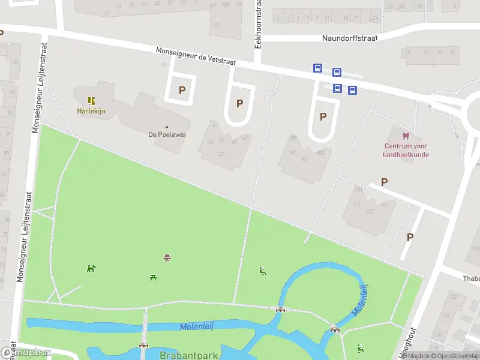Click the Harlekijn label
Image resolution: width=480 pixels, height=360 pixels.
tap(91, 111)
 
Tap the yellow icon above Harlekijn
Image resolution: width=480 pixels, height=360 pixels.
tap(91, 101)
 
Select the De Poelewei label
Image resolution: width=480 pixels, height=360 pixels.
tap(167, 134)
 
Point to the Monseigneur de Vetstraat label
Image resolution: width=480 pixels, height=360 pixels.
tap(196, 56)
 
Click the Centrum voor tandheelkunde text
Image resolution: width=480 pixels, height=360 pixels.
tap(406, 150)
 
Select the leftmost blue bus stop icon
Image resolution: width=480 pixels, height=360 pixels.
tap(317, 68)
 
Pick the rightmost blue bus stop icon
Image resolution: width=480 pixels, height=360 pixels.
tap(352, 91)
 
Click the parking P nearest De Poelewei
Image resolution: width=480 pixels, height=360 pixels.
tap(182, 91)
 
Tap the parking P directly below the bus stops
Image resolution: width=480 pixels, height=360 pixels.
tap(323, 116)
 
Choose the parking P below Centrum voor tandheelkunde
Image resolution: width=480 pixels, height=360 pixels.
tap(384, 182)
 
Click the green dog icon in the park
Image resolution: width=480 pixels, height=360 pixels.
tap(91, 268)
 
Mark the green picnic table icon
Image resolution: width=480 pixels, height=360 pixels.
tap(154, 277)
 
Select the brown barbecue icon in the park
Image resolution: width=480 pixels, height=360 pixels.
tap(167, 258)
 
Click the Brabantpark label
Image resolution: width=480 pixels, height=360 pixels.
tap(188, 355)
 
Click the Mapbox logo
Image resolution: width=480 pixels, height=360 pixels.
tap(26, 353)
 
